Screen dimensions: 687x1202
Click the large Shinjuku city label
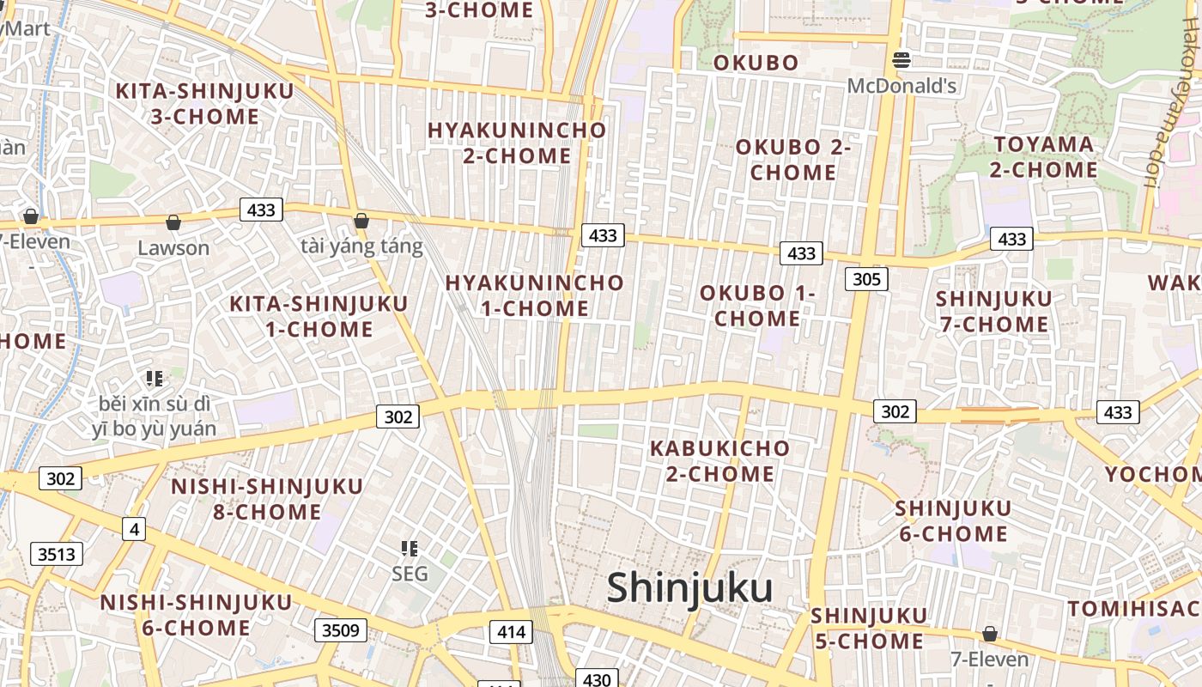[689, 589]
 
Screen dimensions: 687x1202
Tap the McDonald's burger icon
[901, 60]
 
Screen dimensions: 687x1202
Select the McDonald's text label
[901, 86]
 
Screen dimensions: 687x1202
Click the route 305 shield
[865, 279]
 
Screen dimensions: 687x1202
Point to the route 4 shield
[133, 529]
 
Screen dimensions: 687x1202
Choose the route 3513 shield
[57, 554]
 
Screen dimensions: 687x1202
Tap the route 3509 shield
[340, 631]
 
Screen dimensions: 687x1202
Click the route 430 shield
[596, 679]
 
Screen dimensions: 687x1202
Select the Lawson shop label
[173, 248]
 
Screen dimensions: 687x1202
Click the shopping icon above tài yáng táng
[361, 221]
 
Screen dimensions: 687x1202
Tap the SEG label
[410, 574]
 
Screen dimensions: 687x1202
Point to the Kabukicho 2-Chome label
[719, 461]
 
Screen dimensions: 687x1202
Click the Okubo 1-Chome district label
[757, 306]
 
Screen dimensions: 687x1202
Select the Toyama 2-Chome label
[1044, 157]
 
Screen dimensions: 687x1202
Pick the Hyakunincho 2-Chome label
[517, 143]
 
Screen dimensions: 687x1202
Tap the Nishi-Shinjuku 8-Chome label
[267, 499]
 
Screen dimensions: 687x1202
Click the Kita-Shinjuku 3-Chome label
[204, 103]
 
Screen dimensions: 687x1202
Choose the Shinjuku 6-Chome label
[953, 520]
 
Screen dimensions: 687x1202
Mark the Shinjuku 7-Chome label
[993, 312]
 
